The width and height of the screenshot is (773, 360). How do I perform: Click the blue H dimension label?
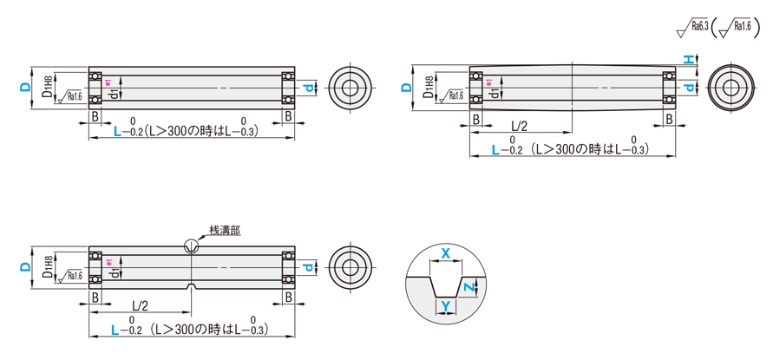[686, 59]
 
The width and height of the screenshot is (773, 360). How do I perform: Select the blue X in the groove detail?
[446, 254]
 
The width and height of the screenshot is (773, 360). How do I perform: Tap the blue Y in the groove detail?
[445, 305]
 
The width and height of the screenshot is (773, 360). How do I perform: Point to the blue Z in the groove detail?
[468, 286]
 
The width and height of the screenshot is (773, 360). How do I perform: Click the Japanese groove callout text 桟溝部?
[224, 231]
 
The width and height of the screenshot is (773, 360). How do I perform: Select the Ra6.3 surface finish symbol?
[693, 28]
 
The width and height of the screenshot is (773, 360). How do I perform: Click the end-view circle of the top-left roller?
[351, 87]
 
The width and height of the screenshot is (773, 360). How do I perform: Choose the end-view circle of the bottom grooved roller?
[351, 267]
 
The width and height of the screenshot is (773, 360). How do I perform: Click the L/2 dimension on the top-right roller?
[520, 126]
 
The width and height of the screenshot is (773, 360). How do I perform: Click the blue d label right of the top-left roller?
[307, 87]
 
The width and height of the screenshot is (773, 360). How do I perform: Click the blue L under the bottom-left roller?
[117, 330]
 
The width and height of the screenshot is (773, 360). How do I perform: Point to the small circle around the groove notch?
[190, 246]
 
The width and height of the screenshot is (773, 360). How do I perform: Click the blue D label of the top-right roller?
[406, 88]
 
